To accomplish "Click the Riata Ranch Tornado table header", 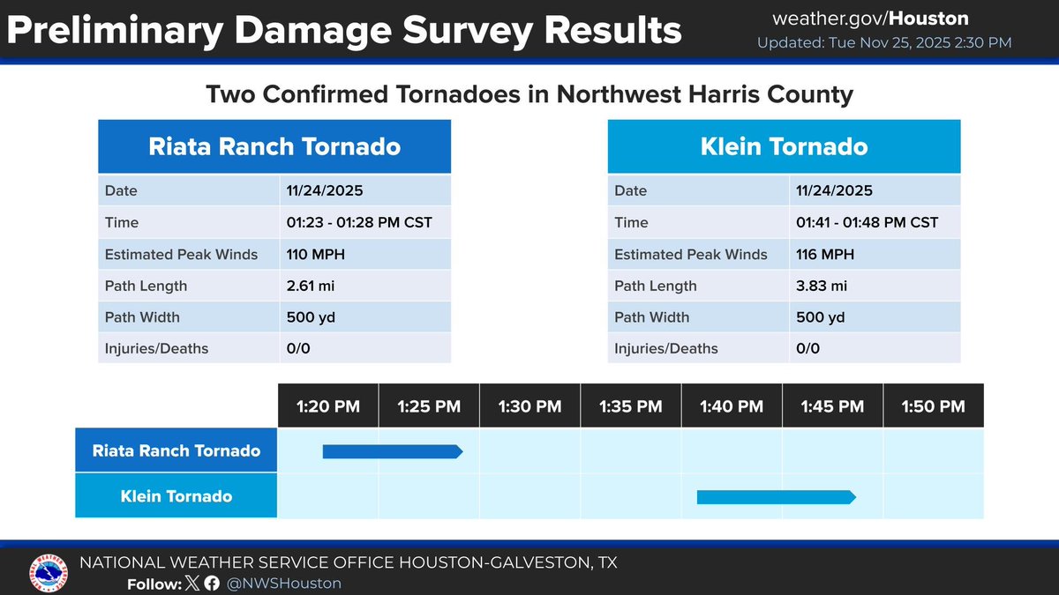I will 274,146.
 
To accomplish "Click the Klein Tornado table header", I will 784,146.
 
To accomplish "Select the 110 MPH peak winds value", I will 315,255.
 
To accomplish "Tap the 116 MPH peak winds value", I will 825,255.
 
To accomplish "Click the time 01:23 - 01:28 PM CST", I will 359,223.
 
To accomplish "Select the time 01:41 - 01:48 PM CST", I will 867,223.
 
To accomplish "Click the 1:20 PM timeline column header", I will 328,406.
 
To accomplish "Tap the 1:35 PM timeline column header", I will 631,406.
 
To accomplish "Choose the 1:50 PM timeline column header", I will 933,406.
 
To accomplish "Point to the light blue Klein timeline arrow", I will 776,497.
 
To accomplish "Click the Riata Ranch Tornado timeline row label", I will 176,451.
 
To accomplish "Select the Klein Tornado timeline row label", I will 176,496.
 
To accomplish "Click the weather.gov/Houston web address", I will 870,19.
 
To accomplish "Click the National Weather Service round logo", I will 49,573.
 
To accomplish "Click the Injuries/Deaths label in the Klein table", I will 666,348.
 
